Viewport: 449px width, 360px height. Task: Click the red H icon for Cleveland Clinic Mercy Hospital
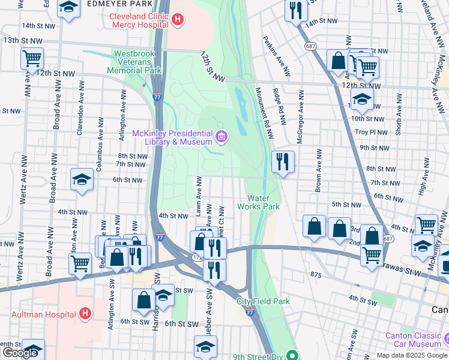[177, 20]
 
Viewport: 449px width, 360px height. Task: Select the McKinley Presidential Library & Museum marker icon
[221, 137]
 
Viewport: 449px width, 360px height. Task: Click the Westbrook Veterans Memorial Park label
[134, 62]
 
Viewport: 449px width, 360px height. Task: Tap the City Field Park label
[263, 301]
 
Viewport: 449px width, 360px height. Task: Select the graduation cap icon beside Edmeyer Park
[69, 8]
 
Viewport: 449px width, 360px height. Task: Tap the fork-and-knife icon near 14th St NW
[295, 10]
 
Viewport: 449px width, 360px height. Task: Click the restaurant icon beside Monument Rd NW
[282, 161]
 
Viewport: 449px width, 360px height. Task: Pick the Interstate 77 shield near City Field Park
[250, 311]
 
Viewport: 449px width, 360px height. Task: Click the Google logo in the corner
[20, 353]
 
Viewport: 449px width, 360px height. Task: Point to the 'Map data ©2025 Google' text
[411, 355]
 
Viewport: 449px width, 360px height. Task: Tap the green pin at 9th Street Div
[292, 356]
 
